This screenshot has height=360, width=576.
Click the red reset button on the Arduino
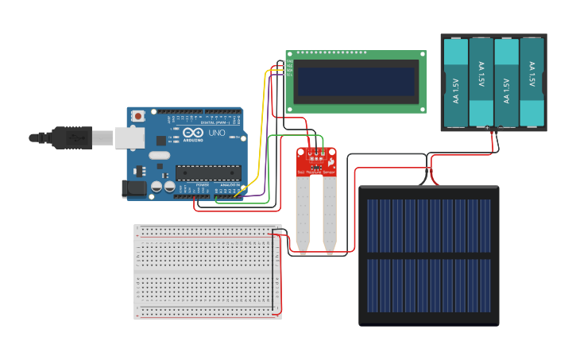pos(138,116)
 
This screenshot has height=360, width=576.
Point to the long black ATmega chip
pos(208,172)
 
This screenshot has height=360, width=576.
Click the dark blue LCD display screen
pos(355,82)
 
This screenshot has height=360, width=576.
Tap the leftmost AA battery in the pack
pos(456,83)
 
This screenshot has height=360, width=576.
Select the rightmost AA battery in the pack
pos(532,83)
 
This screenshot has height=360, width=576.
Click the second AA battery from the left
pos(481,83)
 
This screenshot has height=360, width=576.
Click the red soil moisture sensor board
pos(317,161)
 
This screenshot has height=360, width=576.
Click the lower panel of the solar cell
pos(428,285)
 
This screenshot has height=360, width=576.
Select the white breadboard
pos(207,272)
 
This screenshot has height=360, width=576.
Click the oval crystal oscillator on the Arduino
pos(159,156)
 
